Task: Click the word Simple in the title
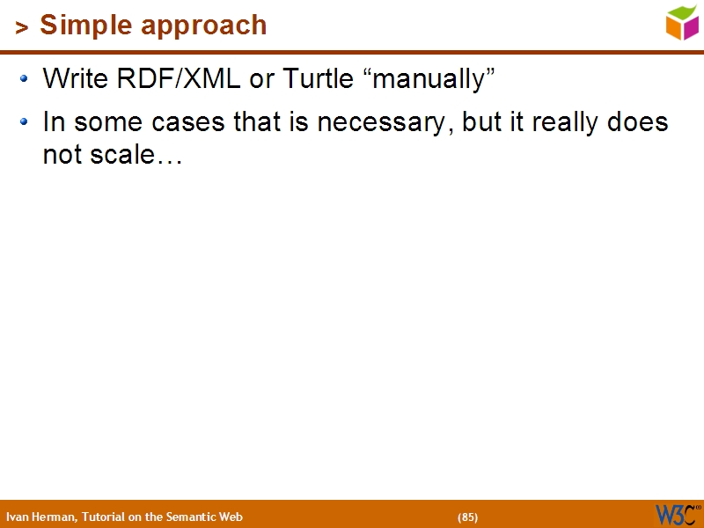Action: pyautogui.click(x=84, y=26)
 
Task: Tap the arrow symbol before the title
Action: pyautogui.click(x=22, y=28)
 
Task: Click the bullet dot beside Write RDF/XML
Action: pyautogui.click(x=26, y=79)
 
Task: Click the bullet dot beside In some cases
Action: pyautogui.click(x=26, y=121)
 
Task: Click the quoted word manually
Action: pyautogui.click(x=429, y=79)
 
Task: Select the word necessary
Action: pyautogui.click(x=384, y=122)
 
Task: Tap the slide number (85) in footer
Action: pyautogui.click(x=467, y=517)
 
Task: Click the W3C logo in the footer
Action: pyautogui.click(x=677, y=514)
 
